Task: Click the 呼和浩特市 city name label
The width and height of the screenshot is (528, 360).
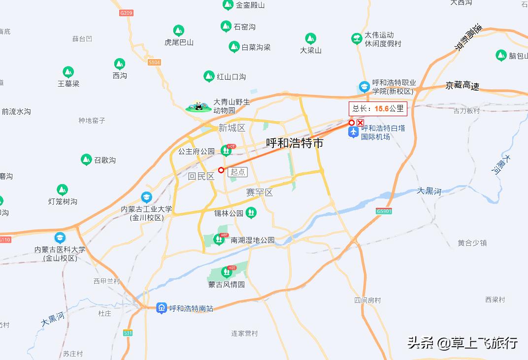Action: (295, 143)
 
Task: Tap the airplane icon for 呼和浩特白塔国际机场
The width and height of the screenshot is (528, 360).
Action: (353, 132)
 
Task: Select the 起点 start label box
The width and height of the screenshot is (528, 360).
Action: (238, 172)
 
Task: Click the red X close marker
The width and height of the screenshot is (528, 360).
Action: (361, 123)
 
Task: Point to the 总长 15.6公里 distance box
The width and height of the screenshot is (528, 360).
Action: (378, 109)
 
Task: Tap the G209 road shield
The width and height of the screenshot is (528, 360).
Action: (126, 13)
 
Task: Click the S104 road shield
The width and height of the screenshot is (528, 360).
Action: (154, 63)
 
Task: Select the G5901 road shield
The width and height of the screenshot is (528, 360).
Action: (384, 211)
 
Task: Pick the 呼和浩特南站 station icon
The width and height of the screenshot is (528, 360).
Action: (162, 308)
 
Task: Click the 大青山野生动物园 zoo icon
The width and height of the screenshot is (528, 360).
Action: (198, 106)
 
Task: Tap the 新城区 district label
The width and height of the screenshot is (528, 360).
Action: (232, 128)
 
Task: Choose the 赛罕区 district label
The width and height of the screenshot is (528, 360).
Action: (260, 193)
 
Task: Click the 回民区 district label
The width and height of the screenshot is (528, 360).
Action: (201, 176)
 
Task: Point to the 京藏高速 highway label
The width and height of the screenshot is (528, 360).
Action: (462, 86)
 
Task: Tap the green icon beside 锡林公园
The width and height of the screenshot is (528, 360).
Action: (251, 213)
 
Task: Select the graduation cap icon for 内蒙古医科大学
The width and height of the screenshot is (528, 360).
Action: (60, 238)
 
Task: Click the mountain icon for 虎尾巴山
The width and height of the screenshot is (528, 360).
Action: (179, 31)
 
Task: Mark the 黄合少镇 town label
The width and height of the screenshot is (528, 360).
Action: (472, 243)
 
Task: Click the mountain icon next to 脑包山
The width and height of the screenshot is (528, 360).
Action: (501, 55)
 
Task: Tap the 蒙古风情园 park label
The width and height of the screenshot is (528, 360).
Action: (226, 285)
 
